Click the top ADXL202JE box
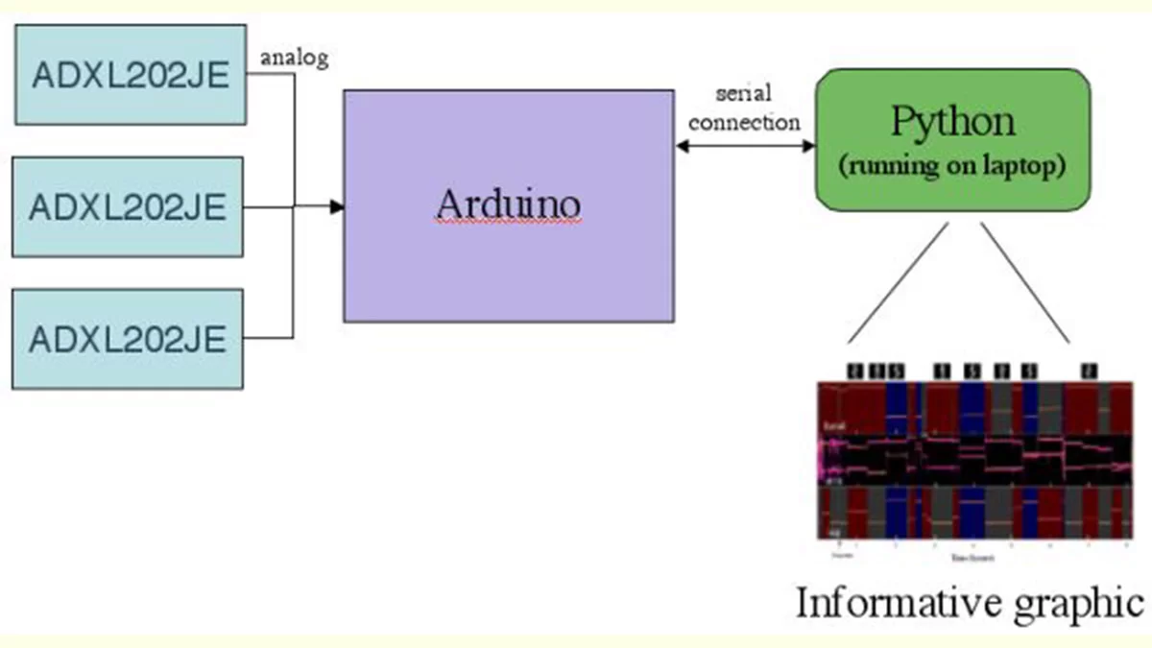point(129,75)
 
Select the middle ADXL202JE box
point(129,206)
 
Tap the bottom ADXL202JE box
point(129,339)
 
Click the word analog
point(295,58)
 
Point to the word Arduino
point(508,204)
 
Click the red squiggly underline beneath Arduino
point(508,222)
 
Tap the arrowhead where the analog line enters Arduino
point(337,206)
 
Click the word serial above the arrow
point(744,94)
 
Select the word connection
point(744,122)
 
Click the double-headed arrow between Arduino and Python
point(745,146)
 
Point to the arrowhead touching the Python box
point(808,146)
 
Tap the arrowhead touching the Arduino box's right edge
point(682,146)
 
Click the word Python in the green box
point(952,122)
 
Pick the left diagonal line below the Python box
point(899,283)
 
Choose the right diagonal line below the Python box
point(1025,283)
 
